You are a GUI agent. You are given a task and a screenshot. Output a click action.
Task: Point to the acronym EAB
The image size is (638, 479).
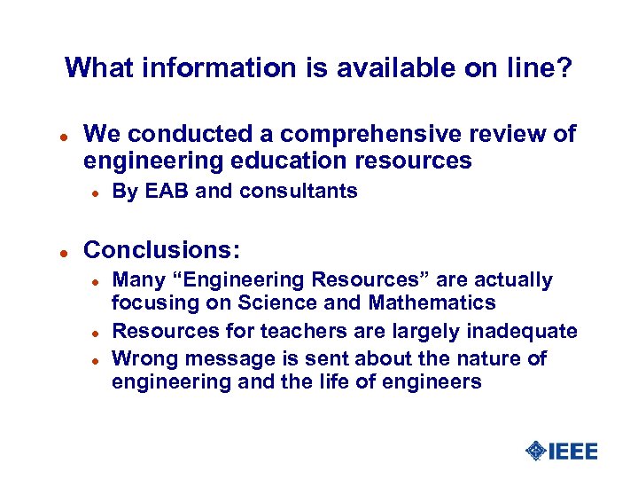166,191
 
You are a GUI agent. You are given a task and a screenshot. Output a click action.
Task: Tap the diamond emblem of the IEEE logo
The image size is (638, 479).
535,452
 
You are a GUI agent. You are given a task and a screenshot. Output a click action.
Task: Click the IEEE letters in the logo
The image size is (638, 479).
573,452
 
